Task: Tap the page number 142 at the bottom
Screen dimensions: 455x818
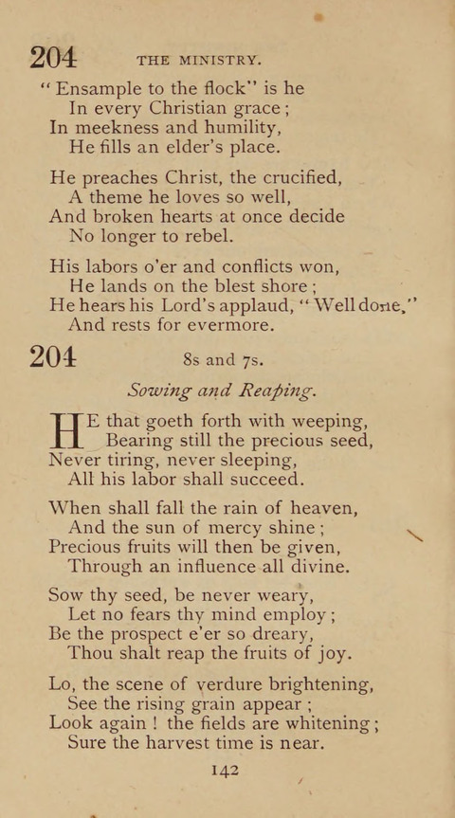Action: point(224,770)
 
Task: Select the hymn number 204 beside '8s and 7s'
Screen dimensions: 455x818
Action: point(53,358)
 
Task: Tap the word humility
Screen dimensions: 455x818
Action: point(227,127)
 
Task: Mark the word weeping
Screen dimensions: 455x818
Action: point(321,421)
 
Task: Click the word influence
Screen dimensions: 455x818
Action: point(191,567)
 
